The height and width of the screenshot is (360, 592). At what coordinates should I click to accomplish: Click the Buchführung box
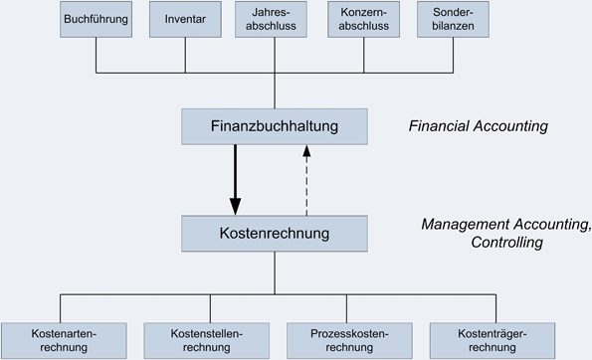coord(96,20)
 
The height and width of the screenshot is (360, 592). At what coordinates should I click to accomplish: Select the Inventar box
coord(185,20)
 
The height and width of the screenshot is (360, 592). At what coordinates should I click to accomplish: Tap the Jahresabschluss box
coord(275,20)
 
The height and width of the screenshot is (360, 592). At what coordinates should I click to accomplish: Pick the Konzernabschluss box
coord(364,20)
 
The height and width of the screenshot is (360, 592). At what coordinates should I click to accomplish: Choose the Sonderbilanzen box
coord(454,20)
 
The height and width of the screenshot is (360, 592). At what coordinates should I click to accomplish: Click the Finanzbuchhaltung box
coord(275,126)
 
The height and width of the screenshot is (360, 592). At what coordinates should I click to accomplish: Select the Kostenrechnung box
coord(275,234)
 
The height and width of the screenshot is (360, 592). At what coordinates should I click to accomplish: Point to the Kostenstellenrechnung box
coord(206,340)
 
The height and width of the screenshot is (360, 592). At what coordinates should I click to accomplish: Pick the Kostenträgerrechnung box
coord(493,340)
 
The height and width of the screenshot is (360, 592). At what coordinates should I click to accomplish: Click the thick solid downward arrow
coord(236,174)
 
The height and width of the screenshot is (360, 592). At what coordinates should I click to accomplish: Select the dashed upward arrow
coord(306,184)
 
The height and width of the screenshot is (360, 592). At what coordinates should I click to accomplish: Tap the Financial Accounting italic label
coord(478,127)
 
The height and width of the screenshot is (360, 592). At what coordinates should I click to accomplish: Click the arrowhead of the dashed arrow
coord(306,151)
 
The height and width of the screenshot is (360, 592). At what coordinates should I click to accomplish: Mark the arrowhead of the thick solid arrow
coord(236,206)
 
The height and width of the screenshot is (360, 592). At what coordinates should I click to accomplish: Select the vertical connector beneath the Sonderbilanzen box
coord(454,56)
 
